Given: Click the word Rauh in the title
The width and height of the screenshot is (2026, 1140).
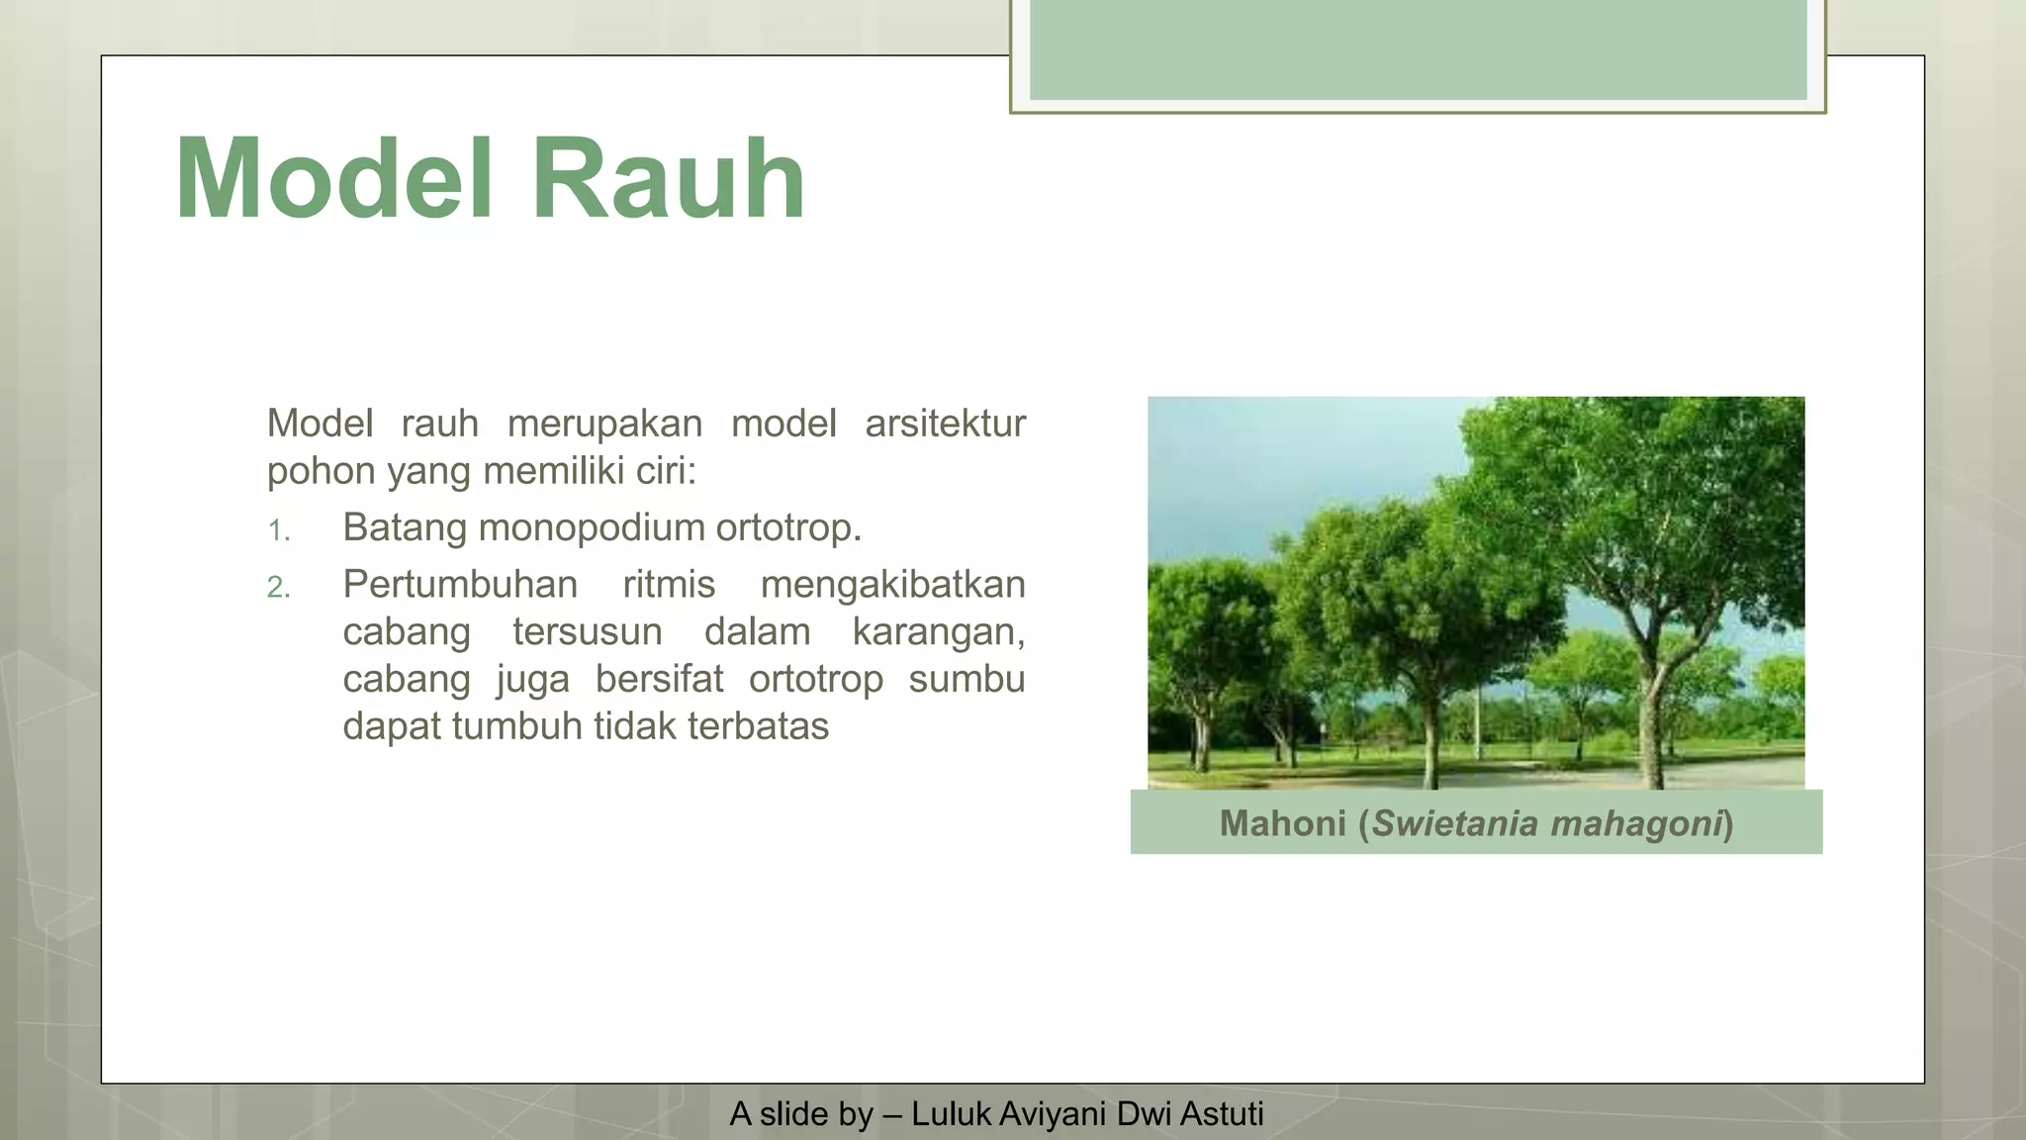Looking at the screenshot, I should tap(669, 179).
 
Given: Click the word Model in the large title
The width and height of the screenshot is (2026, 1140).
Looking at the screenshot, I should tap(333, 179).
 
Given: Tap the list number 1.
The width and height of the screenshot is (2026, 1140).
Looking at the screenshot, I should tap(278, 531).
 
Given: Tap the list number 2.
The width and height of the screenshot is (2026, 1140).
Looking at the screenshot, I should tap(278, 588).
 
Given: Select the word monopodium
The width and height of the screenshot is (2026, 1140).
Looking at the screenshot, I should tap(595, 527).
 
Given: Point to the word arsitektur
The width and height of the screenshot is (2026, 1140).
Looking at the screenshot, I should tap(945, 424).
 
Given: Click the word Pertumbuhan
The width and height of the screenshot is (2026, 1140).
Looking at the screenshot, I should tap(460, 584).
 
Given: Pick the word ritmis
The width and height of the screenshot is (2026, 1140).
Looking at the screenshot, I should tap(669, 584).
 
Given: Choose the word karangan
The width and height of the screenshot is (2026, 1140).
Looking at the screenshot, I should tap(938, 631).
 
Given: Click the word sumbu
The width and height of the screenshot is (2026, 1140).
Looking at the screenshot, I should tap(967, 679).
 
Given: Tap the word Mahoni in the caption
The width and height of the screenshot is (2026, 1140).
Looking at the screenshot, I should tap(1282, 823).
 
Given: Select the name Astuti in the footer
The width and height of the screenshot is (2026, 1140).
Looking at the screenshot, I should tap(1222, 1114).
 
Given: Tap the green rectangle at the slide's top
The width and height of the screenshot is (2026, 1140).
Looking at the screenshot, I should tap(1418, 49).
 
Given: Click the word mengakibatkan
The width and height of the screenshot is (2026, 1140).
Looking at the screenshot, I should tap(892, 584).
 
